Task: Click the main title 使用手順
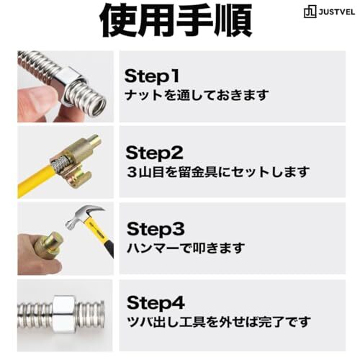tap(176, 20)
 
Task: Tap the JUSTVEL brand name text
tap(337, 12)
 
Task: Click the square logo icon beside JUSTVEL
tap(310, 12)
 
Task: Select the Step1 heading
tap(152, 76)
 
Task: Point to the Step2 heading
tap(154, 153)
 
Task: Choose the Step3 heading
tap(156, 229)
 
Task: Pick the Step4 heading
tap(156, 302)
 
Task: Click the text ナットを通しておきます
tap(197, 95)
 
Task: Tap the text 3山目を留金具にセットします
tap(218, 172)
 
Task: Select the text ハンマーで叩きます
tap(186, 248)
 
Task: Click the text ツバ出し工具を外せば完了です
tap(219, 322)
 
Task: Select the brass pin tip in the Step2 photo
tap(95, 142)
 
